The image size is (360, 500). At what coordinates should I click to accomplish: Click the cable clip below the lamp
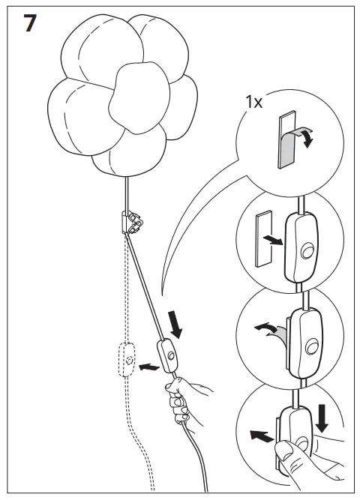[x=132, y=220]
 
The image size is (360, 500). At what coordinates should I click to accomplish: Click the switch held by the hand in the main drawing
[x=169, y=355]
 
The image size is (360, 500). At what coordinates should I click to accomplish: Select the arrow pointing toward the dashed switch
[x=151, y=367]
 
